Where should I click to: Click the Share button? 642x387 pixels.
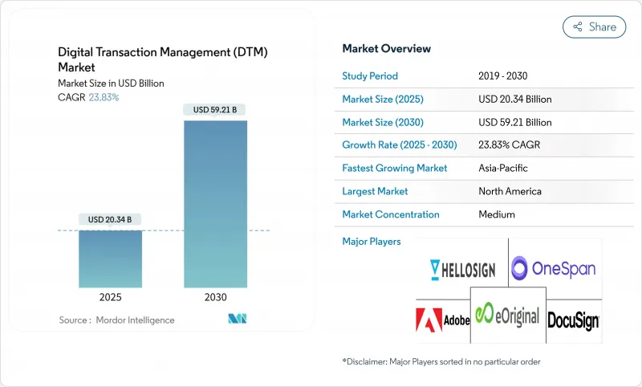click(595, 26)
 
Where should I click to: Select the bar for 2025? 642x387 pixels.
click(112, 259)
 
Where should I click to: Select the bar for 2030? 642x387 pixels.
click(215, 204)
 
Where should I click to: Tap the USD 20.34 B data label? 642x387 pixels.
click(112, 219)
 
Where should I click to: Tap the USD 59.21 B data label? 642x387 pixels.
click(215, 110)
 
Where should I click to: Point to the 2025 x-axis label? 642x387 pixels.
click(112, 297)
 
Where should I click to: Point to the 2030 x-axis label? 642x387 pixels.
click(215, 297)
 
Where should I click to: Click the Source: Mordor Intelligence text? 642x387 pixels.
click(116, 320)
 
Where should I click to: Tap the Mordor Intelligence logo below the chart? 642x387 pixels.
click(237, 319)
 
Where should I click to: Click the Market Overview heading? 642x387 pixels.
click(386, 49)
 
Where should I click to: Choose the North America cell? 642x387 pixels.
click(510, 191)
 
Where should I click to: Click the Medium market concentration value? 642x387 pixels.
click(498, 214)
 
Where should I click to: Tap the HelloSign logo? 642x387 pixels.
click(462, 269)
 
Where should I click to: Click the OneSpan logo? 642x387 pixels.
click(554, 267)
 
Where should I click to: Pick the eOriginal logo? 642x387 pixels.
click(507, 316)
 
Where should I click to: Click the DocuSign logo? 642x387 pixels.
click(573, 321)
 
